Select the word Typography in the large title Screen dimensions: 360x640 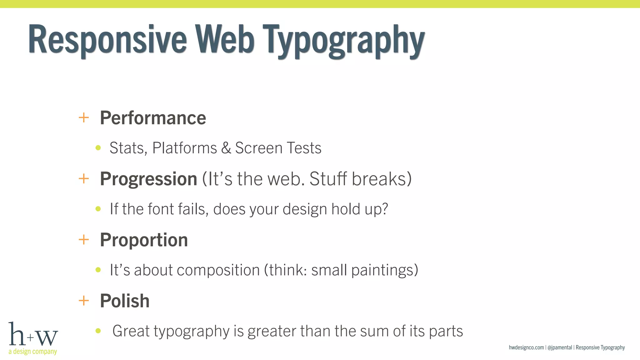click(343, 41)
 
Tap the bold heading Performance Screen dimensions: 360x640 click(153, 118)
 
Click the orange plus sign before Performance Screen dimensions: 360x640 click(84, 118)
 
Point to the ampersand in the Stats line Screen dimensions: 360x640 click(226, 148)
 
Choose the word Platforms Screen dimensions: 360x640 click(184, 148)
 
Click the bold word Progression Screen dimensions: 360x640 click(148, 179)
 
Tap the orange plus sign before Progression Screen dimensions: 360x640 click(84, 179)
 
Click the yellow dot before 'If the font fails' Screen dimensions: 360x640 click(98, 209)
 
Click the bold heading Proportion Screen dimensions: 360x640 click(144, 240)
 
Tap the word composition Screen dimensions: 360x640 click(218, 270)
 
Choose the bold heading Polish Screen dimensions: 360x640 click(125, 301)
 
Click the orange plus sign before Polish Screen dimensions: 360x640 click(84, 301)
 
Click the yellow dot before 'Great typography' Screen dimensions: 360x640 click(98, 331)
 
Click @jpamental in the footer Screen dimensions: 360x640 click(560, 347)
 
